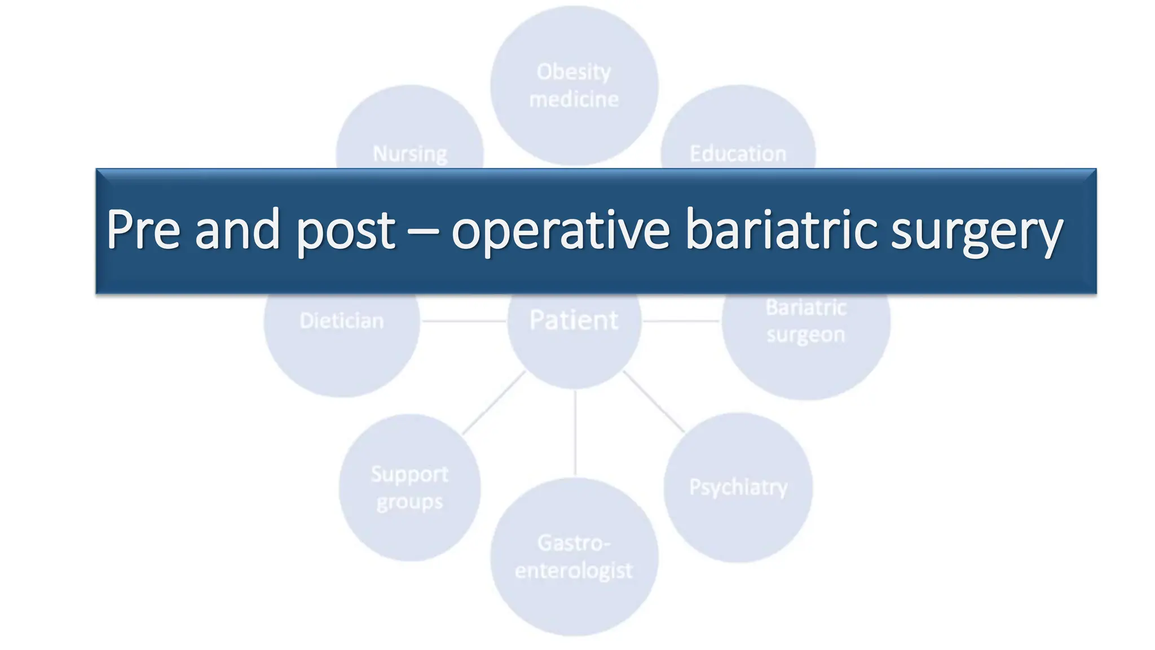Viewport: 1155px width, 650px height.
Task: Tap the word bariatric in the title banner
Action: point(781,230)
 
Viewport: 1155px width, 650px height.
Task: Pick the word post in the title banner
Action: point(345,231)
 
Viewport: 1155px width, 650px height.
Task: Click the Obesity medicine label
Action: point(574,86)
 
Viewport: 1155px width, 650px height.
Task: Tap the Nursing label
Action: point(410,153)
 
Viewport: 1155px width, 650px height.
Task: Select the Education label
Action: point(738,153)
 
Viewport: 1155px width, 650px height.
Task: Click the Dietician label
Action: point(342,321)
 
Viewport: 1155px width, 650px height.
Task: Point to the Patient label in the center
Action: point(574,320)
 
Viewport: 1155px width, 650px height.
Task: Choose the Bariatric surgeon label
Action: point(806,321)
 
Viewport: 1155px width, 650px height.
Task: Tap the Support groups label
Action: point(410,488)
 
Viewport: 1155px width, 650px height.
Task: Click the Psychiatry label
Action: point(738,487)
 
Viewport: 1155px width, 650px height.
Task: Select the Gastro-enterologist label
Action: point(574,557)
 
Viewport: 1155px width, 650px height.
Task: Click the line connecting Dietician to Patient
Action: point(464,321)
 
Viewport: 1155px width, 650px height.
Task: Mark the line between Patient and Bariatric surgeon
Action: point(681,321)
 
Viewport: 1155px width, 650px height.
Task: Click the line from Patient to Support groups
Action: point(494,402)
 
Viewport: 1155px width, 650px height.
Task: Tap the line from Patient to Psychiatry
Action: point(654,402)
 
